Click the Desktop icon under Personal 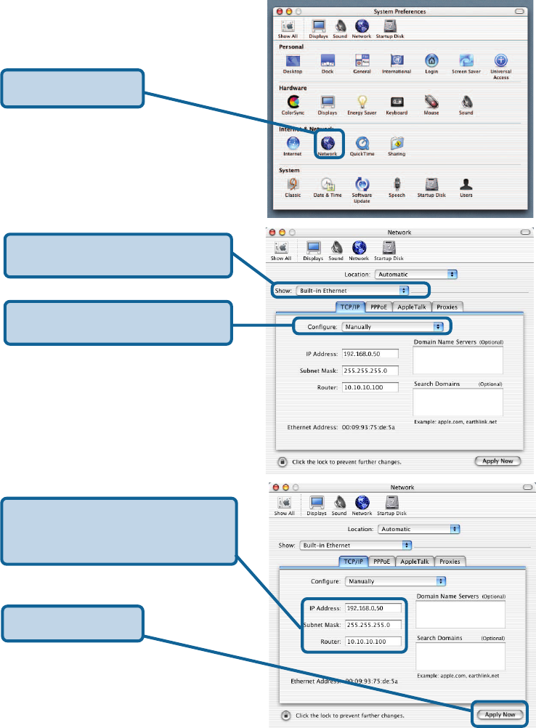click(x=293, y=60)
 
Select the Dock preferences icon click(x=328, y=60)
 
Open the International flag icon click(x=397, y=60)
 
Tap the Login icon click(x=431, y=60)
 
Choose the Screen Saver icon click(x=466, y=60)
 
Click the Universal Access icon click(x=500, y=60)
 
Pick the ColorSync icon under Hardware click(x=293, y=102)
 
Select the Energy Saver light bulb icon click(x=362, y=102)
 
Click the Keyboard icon click(x=397, y=102)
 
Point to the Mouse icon click(x=431, y=102)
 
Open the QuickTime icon click(x=362, y=143)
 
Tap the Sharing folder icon click(x=397, y=143)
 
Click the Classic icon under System click(x=293, y=184)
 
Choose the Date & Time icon click(x=328, y=184)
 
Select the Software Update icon click(x=362, y=184)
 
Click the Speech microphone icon click(x=397, y=184)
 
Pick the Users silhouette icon click(x=466, y=184)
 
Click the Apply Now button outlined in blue click(x=500, y=714)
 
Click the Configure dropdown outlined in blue click(x=392, y=327)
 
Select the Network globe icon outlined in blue click(x=328, y=143)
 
